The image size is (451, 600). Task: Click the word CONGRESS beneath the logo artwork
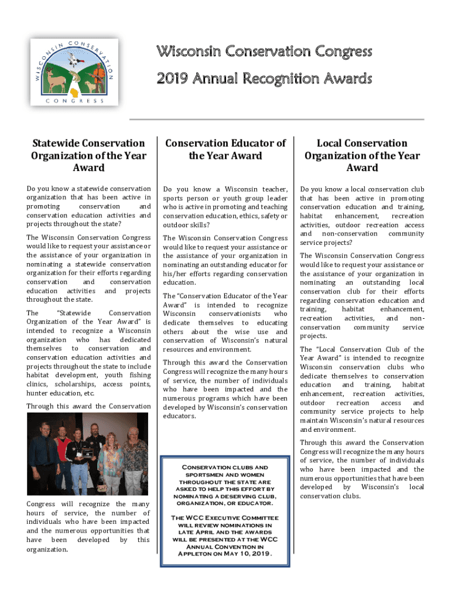pos(74,101)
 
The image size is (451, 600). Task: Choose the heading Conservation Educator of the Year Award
pos(225,149)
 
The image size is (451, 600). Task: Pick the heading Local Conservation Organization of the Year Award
pos(362,155)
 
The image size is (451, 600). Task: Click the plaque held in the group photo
pos(88,455)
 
